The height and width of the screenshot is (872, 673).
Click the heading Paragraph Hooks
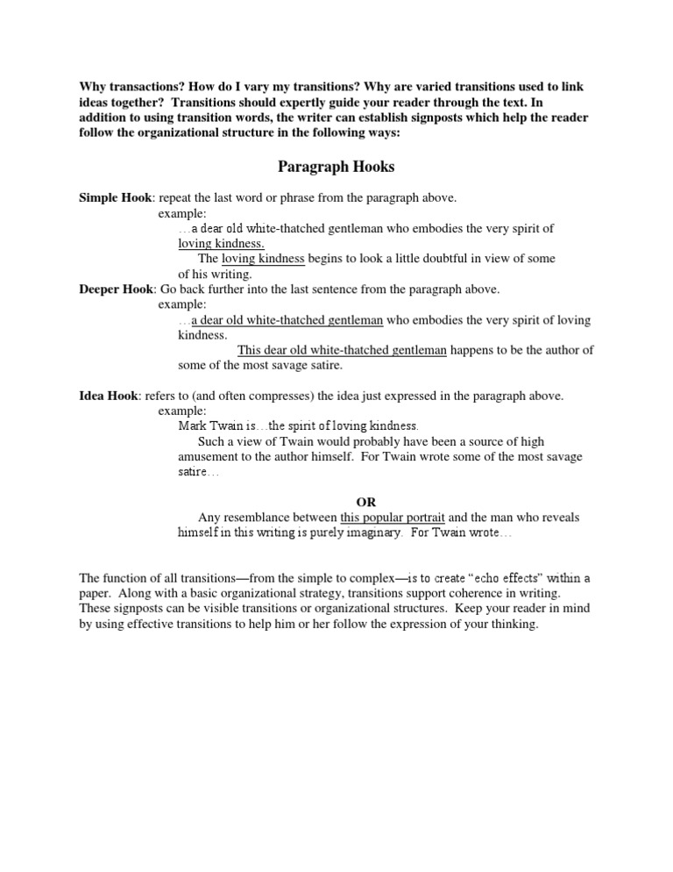click(336, 167)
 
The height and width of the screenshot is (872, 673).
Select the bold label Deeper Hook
click(116, 289)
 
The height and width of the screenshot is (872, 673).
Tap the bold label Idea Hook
click(109, 396)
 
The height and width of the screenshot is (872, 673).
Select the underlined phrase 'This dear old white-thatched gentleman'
click(342, 350)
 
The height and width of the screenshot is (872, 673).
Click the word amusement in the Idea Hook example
click(209, 456)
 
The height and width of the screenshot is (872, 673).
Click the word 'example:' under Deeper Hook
click(182, 304)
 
